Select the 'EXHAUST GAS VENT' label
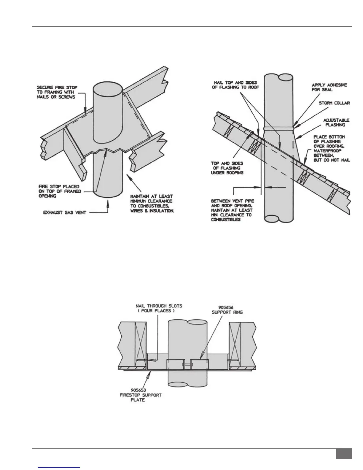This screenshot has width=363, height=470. [x=65, y=212]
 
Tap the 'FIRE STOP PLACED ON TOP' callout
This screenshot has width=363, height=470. [x=59, y=191]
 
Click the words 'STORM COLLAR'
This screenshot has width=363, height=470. [x=334, y=103]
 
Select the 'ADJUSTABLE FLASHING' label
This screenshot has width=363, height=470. [x=336, y=123]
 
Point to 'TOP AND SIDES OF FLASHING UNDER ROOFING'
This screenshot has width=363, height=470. [x=227, y=168]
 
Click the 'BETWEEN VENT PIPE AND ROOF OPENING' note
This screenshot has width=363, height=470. [x=232, y=210]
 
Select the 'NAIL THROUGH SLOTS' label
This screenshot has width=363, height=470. [x=159, y=308]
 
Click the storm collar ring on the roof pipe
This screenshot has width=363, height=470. [x=279, y=128]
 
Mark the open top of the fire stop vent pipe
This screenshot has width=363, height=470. [x=108, y=88]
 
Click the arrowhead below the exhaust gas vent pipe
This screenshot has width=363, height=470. [x=108, y=202]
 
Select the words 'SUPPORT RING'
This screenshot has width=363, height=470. [x=227, y=312]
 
